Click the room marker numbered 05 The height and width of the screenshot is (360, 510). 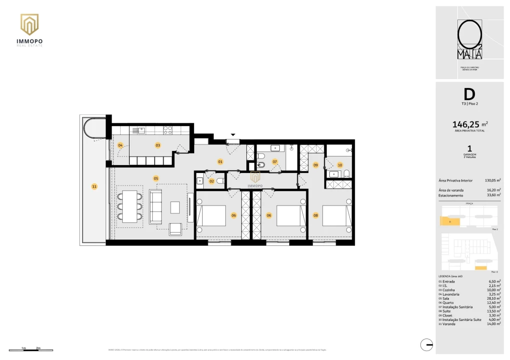(x=156, y=178)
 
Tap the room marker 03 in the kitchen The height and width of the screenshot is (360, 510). (x=158, y=145)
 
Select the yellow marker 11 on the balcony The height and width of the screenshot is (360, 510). (x=94, y=186)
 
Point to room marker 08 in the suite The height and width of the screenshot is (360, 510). (x=315, y=215)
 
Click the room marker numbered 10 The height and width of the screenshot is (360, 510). (x=340, y=164)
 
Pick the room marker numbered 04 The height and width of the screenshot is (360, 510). (x=120, y=145)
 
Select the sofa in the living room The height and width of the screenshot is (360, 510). (x=156, y=206)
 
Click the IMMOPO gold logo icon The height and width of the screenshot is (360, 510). (x=29, y=24)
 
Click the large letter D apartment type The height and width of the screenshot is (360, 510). (x=469, y=94)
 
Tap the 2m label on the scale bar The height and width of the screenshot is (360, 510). (x=38, y=347)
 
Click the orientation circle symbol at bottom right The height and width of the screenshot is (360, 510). (x=426, y=344)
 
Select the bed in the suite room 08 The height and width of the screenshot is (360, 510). (x=334, y=216)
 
